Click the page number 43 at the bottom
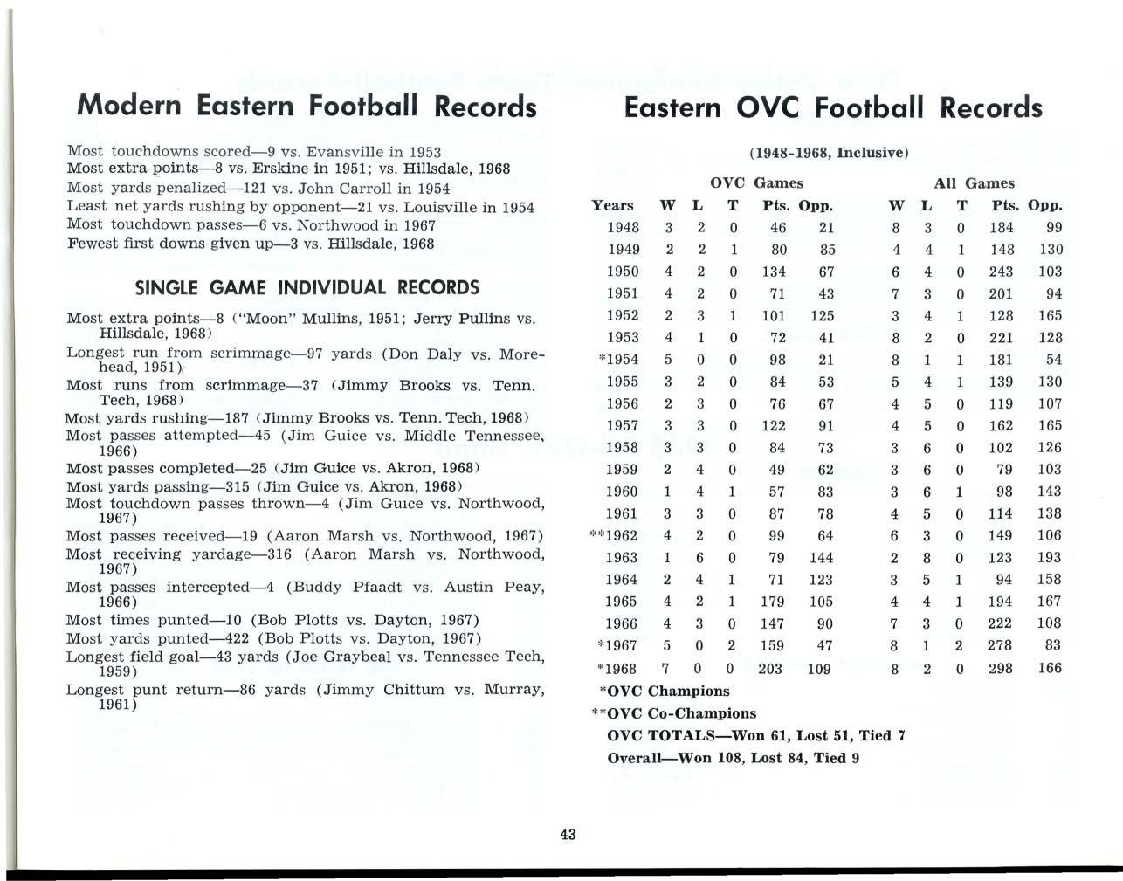click(x=568, y=834)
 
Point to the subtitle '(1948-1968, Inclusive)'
click(x=829, y=153)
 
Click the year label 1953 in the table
click(x=623, y=337)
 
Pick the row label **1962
click(x=615, y=535)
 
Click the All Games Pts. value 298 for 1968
click(x=1001, y=668)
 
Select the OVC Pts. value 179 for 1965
click(x=772, y=602)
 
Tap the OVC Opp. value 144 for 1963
click(x=821, y=557)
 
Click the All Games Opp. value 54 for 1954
click(x=1053, y=360)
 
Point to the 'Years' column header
click(x=612, y=205)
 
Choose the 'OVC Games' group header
click(x=756, y=183)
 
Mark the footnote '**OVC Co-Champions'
click(x=674, y=713)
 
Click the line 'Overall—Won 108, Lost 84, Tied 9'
click(x=734, y=758)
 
